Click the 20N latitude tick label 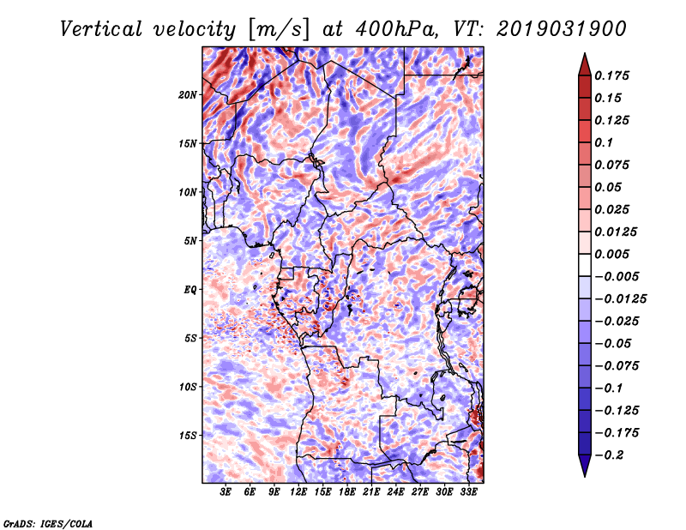[187, 94]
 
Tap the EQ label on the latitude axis [190, 290]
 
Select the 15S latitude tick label [188, 436]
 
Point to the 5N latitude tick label [190, 241]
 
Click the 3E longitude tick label [226, 492]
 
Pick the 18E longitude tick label [347, 492]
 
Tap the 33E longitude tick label [468, 492]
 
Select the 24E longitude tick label [395, 492]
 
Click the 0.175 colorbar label [611, 75]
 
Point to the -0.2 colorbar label [609, 455]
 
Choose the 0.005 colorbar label [611, 254]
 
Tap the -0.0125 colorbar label [620, 299]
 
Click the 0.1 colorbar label [604, 142]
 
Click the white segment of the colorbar [585, 265]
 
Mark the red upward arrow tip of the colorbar [585, 54]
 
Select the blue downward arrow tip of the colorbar [585, 475]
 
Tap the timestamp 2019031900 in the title [562, 29]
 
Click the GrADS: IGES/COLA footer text [48, 524]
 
